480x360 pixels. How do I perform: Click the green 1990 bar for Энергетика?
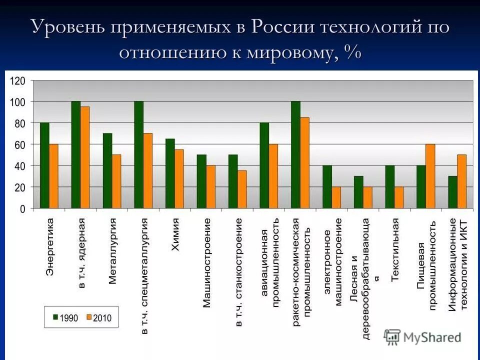(x=44, y=165)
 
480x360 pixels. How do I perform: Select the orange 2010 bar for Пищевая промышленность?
(x=430, y=176)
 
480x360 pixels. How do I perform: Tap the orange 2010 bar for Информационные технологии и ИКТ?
(x=461, y=181)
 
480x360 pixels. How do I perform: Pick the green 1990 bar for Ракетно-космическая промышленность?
(x=295, y=154)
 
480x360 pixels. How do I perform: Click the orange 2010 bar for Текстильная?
(x=398, y=197)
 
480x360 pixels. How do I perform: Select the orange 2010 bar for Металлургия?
(x=116, y=181)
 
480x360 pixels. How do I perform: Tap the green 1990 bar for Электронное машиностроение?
(x=327, y=187)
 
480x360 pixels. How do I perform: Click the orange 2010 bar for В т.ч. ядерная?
(x=85, y=157)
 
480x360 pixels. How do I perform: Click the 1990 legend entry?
(x=65, y=317)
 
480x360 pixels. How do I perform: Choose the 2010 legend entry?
(x=98, y=317)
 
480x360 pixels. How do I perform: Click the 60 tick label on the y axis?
(x=20, y=145)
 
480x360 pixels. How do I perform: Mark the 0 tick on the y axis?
(x=22, y=209)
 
